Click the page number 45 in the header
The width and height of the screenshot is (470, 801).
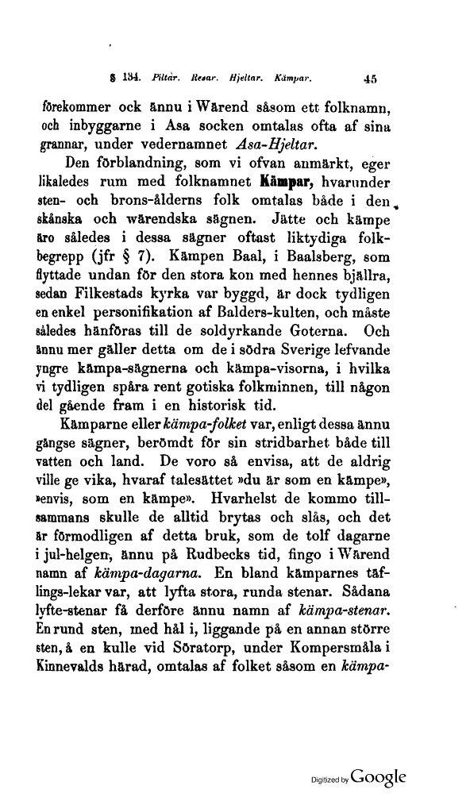[x=370, y=79]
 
